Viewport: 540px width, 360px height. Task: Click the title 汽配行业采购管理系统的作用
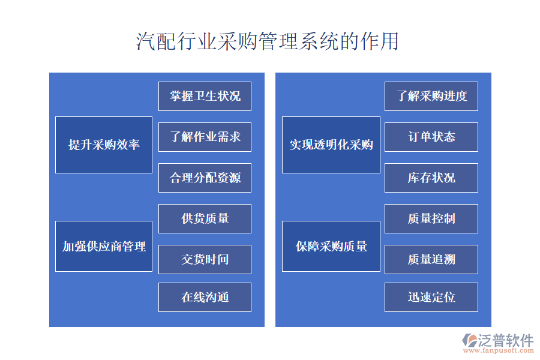(x=268, y=42)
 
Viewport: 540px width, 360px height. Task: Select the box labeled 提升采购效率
(x=104, y=145)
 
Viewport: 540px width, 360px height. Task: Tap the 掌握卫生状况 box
(x=205, y=96)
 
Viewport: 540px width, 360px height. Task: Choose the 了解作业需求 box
(x=205, y=137)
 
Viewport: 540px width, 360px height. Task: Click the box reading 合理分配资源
(x=205, y=178)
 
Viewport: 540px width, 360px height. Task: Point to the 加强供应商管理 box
(x=104, y=246)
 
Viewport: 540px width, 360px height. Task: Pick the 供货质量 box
(x=205, y=218)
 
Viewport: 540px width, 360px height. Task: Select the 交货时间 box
(x=205, y=259)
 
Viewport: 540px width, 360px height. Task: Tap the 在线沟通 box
(x=205, y=297)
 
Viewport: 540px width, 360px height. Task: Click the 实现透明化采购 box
(x=331, y=145)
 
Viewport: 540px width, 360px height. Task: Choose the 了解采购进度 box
(x=431, y=96)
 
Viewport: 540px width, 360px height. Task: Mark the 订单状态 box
(x=431, y=137)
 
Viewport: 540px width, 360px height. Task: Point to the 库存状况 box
(x=431, y=178)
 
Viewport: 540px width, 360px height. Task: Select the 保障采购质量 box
(x=331, y=246)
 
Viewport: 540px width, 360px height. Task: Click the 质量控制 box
(x=431, y=218)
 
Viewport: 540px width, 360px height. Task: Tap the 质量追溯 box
(x=431, y=259)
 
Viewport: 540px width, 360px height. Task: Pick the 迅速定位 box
(x=431, y=297)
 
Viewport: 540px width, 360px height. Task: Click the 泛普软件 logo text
(x=505, y=340)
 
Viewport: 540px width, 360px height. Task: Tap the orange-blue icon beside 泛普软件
(x=469, y=340)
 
